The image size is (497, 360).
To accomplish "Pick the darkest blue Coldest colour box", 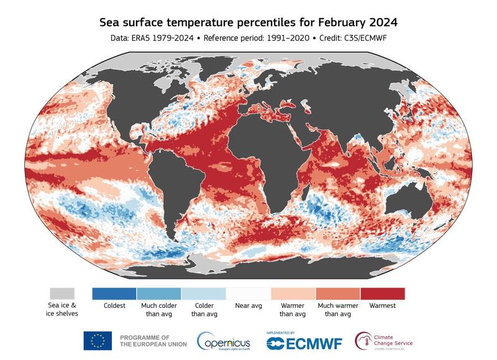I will tap(114, 293).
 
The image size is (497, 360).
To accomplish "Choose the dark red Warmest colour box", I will tap(382, 293).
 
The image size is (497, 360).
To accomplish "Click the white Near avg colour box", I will tap(248, 293).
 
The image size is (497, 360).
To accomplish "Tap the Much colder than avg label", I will tap(158, 310).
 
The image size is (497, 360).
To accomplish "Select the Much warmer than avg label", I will tap(337, 310).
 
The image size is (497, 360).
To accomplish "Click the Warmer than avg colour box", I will tap(293, 293).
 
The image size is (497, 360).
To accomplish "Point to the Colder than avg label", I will tap(203, 310).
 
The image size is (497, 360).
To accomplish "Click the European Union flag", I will tap(98, 341).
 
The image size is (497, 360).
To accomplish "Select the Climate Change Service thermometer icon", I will tap(363, 341).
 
